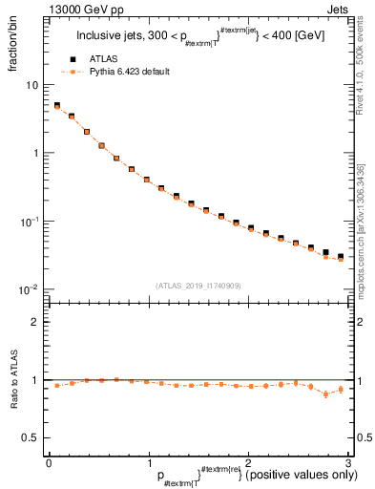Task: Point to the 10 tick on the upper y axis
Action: [x=32, y=85]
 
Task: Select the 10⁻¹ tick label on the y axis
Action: [x=31, y=221]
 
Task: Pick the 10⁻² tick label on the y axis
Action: [x=31, y=289]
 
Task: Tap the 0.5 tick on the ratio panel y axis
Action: [x=32, y=437]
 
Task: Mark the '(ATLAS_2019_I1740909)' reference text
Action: [x=198, y=285]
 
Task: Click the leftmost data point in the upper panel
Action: [x=57, y=106]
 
